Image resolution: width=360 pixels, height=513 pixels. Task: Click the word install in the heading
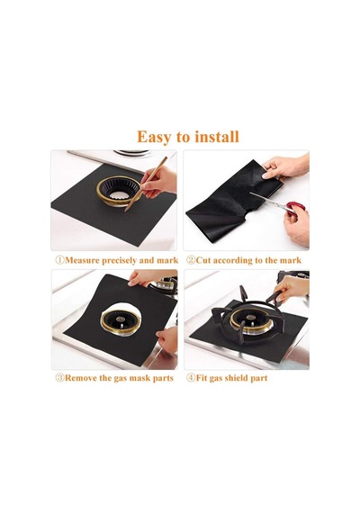point(217,137)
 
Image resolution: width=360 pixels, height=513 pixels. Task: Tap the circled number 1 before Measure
point(59,260)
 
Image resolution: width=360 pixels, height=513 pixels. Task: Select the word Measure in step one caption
point(82,260)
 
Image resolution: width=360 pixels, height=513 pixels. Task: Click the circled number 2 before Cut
point(191,260)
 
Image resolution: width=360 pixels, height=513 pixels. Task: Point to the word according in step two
point(233,260)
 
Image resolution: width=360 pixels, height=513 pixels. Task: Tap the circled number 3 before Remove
point(59,378)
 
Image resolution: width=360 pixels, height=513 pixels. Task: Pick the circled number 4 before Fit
point(191,378)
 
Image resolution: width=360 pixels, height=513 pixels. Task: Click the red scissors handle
point(295,208)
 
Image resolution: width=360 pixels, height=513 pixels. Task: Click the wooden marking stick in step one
point(146,184)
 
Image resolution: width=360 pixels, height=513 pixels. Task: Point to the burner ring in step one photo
point(118,192)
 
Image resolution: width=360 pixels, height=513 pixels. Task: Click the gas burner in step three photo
point(121,321)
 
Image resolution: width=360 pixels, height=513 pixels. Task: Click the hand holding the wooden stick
point(159,182)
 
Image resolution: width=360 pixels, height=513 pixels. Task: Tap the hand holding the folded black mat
point(283,168)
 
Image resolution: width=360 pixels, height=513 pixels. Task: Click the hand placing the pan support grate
point(292,290)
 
